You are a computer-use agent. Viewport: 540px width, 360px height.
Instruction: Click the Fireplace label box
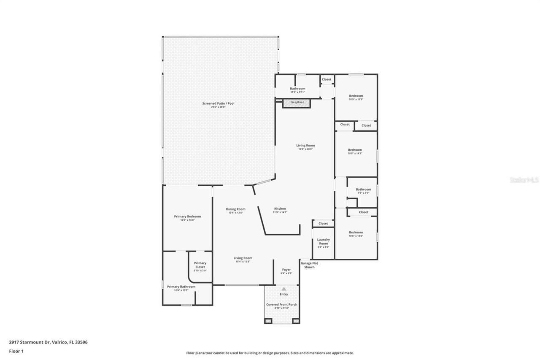pyautogui.click(x=297, y=103)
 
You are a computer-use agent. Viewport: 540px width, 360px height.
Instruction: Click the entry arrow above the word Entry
pyautogui.click(x=284, y=289)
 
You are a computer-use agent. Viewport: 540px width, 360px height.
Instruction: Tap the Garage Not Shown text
pyautogui.click(x=309, y=265)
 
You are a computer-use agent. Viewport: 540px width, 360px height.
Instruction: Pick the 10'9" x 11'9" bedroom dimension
pyautogui.click(x=356, y=100)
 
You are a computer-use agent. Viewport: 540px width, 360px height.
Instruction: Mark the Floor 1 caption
pyautogui.click(x=16, y=351)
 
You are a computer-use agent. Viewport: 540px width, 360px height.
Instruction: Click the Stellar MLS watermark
pyautogui.click(x=524, y=180)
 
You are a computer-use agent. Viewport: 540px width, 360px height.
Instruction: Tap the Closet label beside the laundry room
pyautogui.click(x=323, y=224)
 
